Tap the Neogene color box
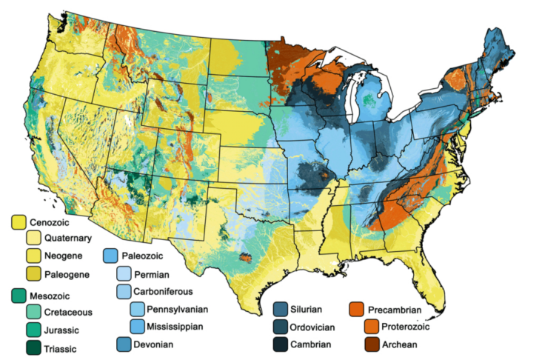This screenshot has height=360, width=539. tap(34, 256)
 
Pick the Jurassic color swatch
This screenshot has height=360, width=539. tap(34, 330)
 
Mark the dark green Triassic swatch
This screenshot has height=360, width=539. tap(34, 347)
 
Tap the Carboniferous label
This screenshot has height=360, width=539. tap(167, 291)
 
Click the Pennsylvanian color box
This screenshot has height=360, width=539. tap(138, 309)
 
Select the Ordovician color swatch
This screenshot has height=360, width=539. tap(281, 327)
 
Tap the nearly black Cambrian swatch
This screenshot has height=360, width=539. tap(281, 344)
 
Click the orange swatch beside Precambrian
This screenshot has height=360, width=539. tap(358, 309)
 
